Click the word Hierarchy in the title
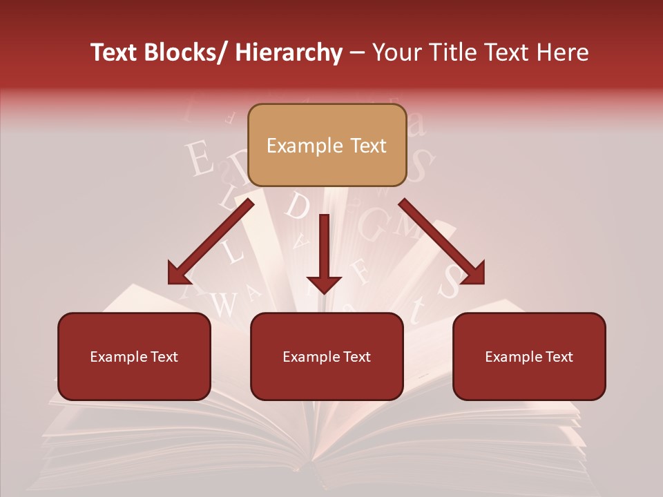point(288,53)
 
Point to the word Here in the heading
point(564,53)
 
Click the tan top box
point(327,145)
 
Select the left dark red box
point(134,356)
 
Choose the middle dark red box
point(327,356)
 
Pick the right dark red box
point(529,356)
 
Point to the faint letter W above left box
point(222,304)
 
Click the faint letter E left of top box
point(200,160)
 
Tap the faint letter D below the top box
point(297,206)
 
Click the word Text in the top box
point(367,146)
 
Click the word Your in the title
point(395,53)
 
